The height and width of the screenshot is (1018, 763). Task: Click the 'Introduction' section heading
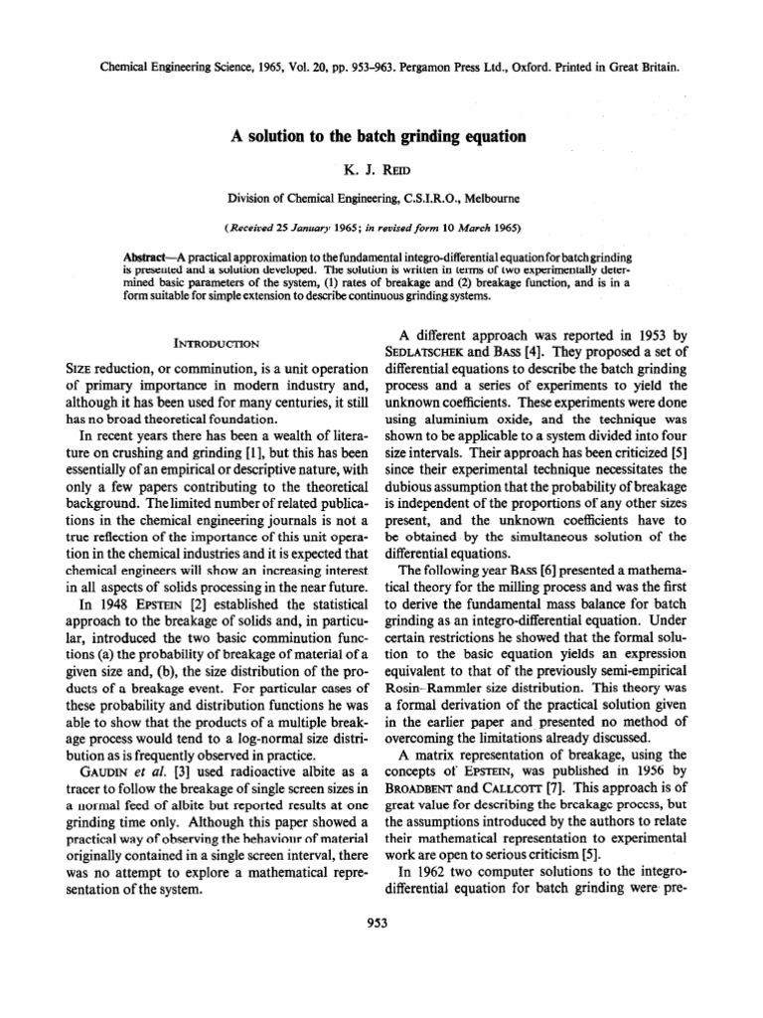click(216, 344)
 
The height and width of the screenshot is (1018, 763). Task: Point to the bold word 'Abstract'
click(144, 256)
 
